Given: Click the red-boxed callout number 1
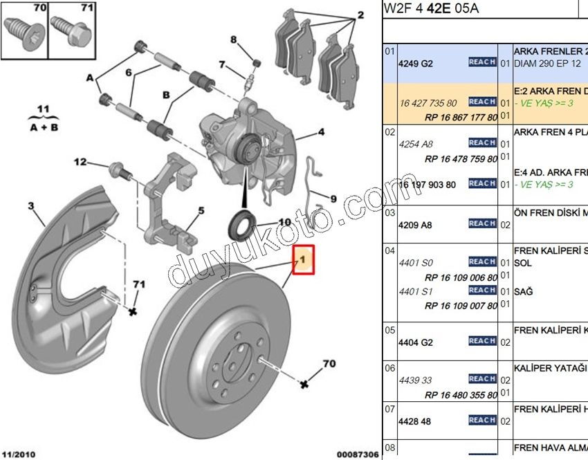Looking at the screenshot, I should point(304,261).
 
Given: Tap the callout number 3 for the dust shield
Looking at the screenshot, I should point(31,205).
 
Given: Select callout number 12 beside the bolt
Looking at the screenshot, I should point(81,163).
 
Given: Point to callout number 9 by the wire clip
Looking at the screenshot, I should point(333,199).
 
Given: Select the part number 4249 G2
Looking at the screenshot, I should point(416,63).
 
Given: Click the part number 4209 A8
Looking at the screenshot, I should point(416,225).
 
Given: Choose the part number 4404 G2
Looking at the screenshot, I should point(416,342).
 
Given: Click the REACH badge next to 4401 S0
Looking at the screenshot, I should point(482,261).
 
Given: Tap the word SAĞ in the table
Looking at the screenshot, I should point(524,292).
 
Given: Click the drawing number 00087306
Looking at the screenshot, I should point(357,454).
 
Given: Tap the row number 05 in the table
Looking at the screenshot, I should point(390,329).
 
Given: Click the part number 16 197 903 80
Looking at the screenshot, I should point(426,185).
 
